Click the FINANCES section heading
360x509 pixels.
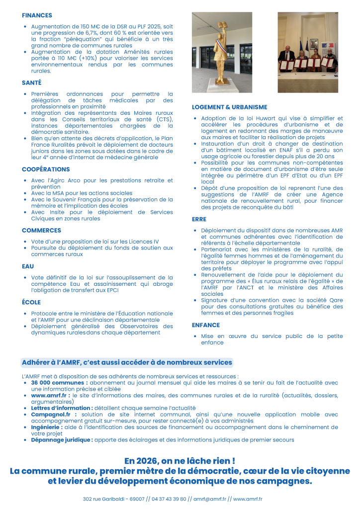coord(37,15)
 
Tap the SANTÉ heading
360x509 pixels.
coord(32,83)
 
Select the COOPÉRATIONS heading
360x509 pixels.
coord(46,170)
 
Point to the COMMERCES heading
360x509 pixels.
coord(41,230)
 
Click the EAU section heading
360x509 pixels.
coord(28,266)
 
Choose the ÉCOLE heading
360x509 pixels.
coord(31,302)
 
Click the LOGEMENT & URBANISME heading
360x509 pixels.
coord(229,107)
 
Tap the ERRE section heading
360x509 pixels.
coord(199,219)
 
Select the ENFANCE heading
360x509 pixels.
coord(205,325)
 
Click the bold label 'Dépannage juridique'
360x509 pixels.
coord(62,439)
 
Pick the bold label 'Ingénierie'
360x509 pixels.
coord(47,426)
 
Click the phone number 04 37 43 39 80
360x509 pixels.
coord(169,499)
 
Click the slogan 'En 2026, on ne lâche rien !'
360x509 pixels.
coord(180,461)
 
